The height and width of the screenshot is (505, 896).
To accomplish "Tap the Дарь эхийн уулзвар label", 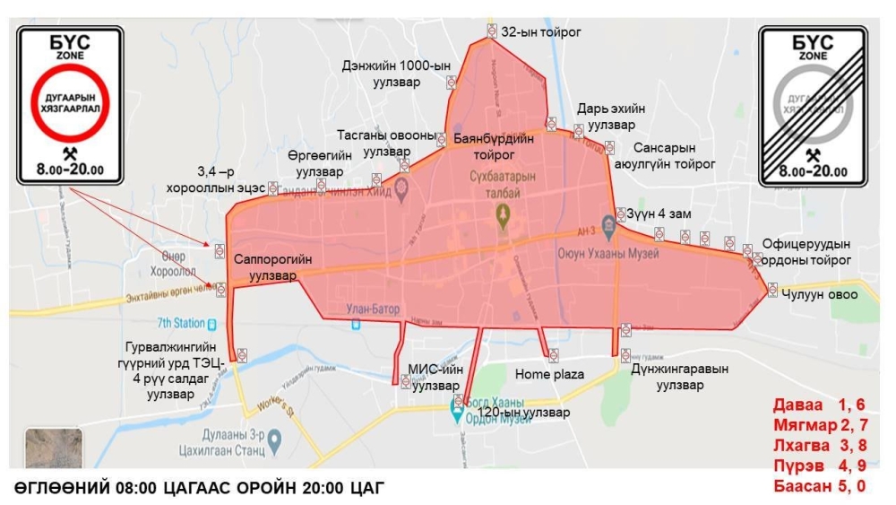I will (610, 116).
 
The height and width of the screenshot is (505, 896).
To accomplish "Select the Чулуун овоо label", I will (819, 293).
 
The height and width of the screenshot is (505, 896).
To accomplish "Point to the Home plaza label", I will (549, 373).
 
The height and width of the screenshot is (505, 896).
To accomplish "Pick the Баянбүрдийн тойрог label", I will (494, 146).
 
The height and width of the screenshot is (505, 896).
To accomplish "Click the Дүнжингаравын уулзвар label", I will (692, 376).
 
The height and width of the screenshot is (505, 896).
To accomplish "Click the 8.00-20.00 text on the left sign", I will (70, 170).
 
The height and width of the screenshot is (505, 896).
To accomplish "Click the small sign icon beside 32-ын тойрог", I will (492, 30).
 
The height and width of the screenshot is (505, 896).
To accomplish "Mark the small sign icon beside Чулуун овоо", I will (772, 289).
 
